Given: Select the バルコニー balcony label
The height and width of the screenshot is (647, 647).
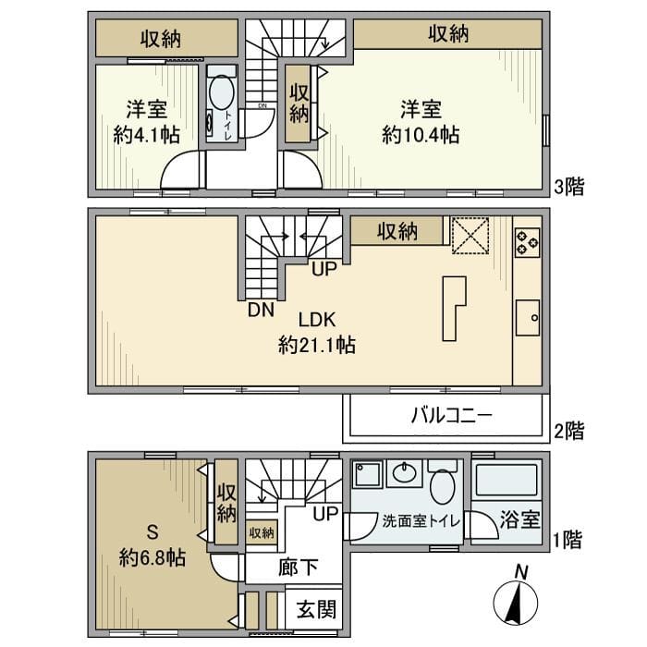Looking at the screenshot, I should tap(451, 416).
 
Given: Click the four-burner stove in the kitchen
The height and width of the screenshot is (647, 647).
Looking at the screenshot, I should tap(527, 240).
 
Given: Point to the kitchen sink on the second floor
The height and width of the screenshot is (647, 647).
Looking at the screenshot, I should tap(529, 319).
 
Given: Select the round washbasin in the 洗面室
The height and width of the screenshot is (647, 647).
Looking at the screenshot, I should tap(404, 475).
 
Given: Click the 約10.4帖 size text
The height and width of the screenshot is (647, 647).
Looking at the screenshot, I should tap(421, 135).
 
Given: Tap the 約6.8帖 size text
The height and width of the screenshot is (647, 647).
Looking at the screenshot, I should tap(153, 557).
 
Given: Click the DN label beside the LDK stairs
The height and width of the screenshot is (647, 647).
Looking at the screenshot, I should tap(260, 311).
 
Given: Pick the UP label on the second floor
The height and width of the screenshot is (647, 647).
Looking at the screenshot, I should tap(323, 270).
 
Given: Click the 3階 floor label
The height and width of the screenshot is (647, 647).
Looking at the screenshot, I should tap(569, 187).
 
